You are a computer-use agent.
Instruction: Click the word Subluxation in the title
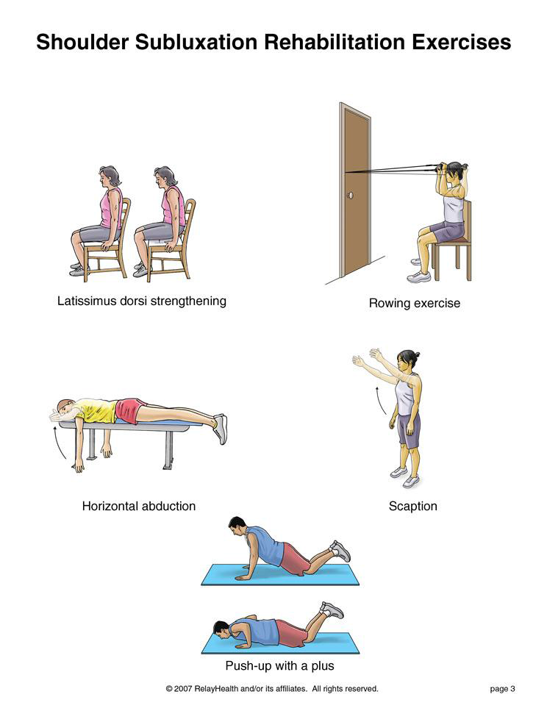196,42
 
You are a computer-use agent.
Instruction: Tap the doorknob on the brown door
350,196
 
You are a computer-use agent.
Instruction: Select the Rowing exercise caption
414,303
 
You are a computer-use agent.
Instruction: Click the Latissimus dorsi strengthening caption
141,301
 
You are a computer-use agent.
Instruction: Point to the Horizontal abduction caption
139,506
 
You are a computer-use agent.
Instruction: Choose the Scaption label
413,507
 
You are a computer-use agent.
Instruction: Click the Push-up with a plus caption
279,665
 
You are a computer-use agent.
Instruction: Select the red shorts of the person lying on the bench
129,410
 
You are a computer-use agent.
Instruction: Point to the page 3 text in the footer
502,689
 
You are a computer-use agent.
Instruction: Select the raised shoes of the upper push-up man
340,551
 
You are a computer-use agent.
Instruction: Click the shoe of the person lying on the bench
220,429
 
